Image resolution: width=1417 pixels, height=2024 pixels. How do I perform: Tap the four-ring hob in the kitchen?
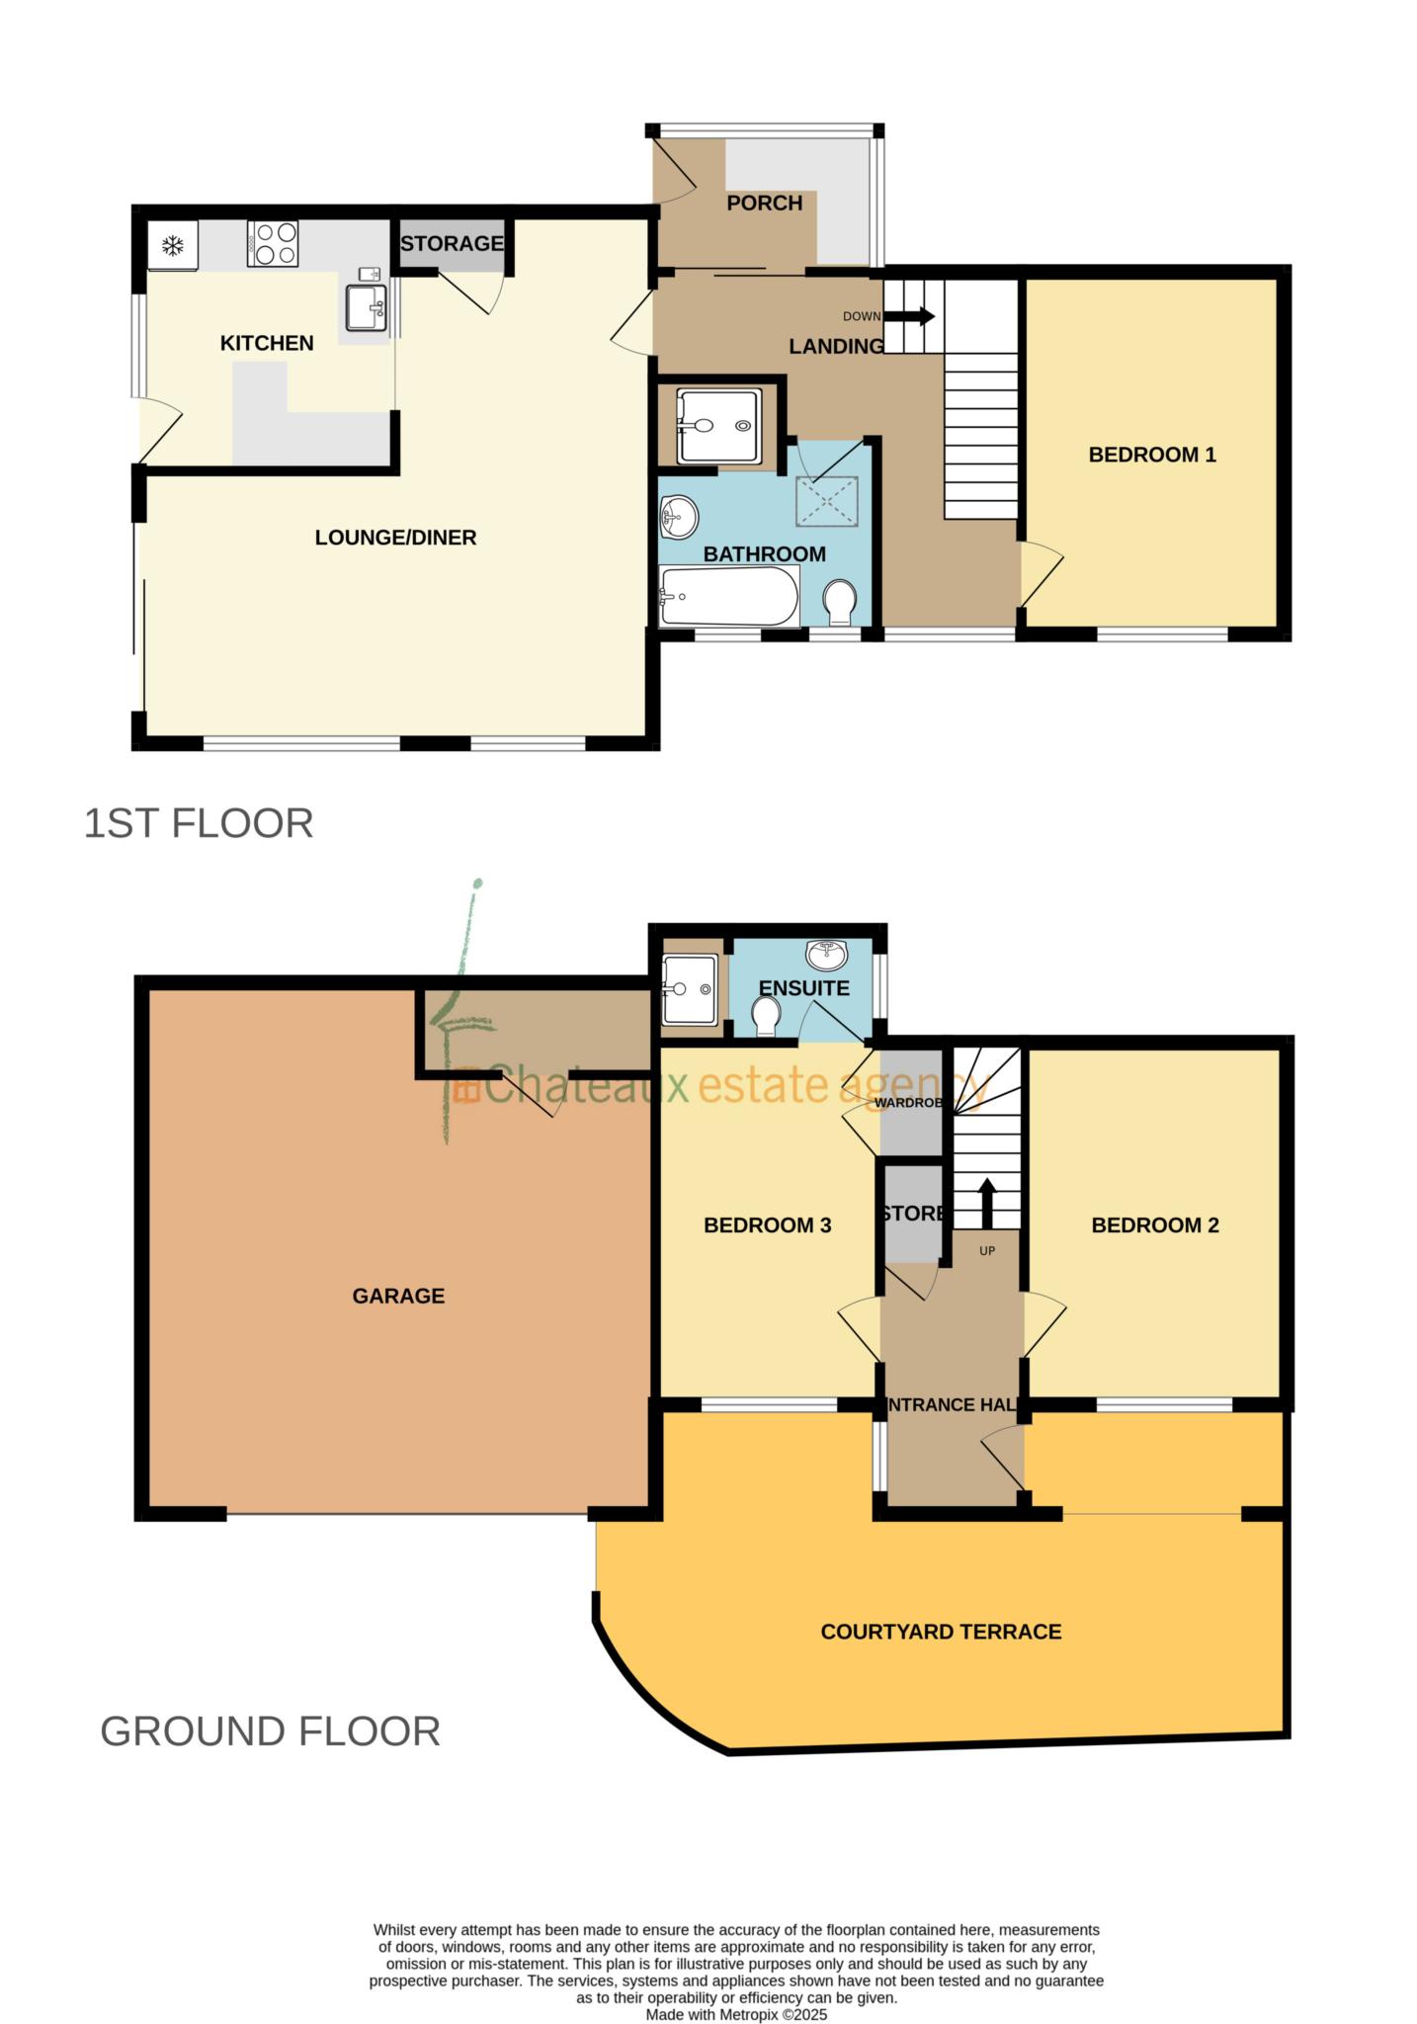(x=273, y=243)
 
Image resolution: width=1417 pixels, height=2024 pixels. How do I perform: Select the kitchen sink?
(x=367, y=306)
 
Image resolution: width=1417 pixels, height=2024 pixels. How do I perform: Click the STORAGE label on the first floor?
(x=452, y=243)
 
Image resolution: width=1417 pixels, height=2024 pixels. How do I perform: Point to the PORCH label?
(x=764, y=203)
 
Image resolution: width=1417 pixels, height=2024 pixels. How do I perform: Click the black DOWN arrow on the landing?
(x=908, y=316)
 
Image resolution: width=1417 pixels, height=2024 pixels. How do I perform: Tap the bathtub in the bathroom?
(x=729, y=596)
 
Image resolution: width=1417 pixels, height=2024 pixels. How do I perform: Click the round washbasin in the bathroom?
(x=678, y=516)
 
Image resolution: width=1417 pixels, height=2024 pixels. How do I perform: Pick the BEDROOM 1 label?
(x=1151, y=455)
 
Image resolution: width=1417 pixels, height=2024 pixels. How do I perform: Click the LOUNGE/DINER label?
(x=395, y=538)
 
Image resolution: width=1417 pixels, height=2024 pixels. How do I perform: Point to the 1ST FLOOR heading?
(x=199, y=823)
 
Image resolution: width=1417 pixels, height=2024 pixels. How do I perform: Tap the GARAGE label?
(x=398, y=1296)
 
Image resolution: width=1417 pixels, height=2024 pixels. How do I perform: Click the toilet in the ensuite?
(x=766, y=1016)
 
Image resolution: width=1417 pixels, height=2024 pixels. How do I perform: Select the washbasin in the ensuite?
(x=826, y=955)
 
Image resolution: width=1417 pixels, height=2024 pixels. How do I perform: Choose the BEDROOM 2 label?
(x=1154, y=1225)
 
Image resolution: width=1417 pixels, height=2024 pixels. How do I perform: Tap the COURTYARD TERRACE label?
(x=941, y=1632)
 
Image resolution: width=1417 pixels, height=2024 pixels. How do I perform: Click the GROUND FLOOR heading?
(x=270, y=1731)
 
